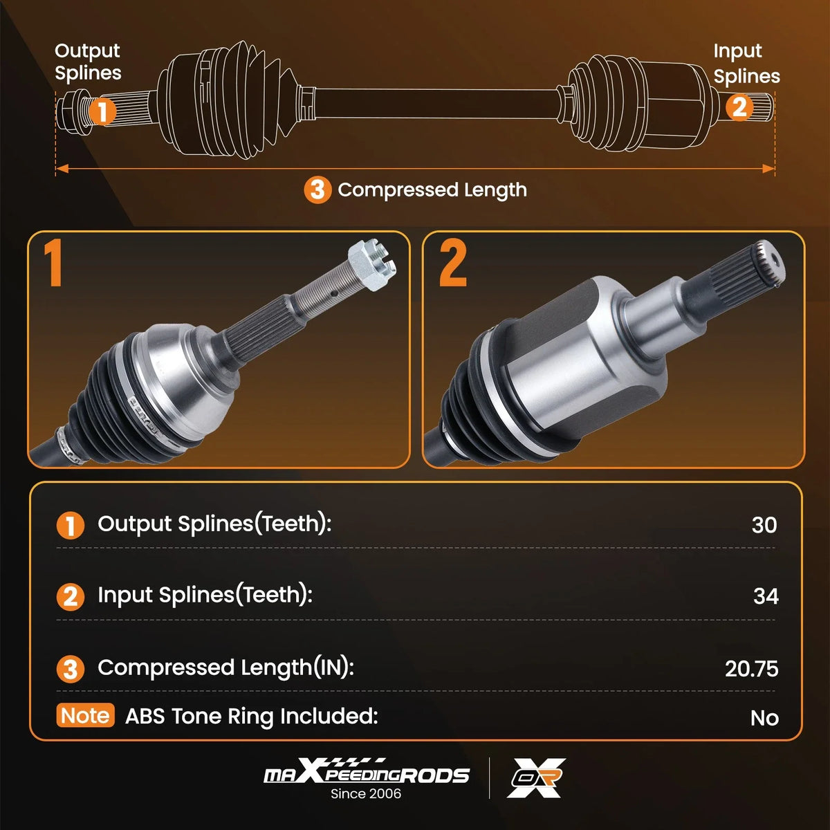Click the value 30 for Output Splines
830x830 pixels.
tap(764, 525)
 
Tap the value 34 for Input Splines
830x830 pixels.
tap(766, 596)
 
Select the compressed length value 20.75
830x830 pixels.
tap(752, 669)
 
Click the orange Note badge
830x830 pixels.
tap(85, 715)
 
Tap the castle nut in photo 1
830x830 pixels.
tap(371, 264)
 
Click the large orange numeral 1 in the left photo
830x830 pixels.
tap(53, 263)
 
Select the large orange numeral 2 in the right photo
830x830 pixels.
tap(452, 263)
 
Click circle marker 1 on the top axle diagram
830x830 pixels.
tap(102, 111)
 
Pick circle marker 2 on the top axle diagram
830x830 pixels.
tap(739, 107)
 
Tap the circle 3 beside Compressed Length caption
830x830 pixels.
tap(317, 190)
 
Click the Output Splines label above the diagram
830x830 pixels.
tap(88, 62)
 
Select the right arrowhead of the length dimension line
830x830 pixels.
tap(768, 168)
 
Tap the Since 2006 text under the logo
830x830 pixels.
tap(366, 794)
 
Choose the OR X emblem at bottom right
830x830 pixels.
tap(536, 778)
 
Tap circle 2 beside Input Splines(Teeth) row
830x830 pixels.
tap(71, 597)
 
